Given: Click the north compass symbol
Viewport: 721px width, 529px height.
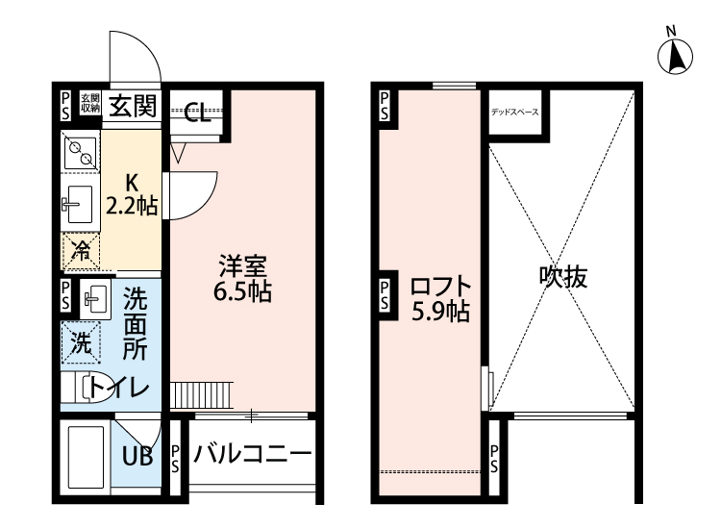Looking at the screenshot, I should click(x=676, y=55).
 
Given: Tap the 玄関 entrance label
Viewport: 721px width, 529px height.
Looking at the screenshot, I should click(x=132, y=105).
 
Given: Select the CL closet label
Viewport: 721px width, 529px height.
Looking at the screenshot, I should click(x=198, y=115).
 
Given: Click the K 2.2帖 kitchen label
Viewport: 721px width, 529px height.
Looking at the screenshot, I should click(x=132, y=193).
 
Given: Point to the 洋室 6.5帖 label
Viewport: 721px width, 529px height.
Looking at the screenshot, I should click(x=242, y=277).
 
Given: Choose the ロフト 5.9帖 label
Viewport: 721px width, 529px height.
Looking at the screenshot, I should click(x=439, y=298).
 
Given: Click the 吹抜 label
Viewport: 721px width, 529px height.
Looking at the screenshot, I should click(x=562, y=278).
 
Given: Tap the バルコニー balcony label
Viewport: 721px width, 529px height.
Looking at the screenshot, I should click(x=252, y=453).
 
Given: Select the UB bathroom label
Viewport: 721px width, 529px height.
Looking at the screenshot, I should click(x=137, y=457).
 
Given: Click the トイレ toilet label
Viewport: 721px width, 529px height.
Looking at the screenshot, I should click(x=120, y=389).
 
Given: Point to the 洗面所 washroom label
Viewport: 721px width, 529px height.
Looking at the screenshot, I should click(x=135, y=323).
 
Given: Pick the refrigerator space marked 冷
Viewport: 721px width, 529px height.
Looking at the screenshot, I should click(x=83, y=252).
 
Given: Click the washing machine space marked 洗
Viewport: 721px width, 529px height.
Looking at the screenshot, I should click(x=83, y=341).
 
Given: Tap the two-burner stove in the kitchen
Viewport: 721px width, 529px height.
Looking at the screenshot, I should click(x=79, y=150).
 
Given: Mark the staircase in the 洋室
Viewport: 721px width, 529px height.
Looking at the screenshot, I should click(x=202, y=394).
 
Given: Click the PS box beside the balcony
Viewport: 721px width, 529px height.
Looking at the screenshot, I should click(x=175, y=459).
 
